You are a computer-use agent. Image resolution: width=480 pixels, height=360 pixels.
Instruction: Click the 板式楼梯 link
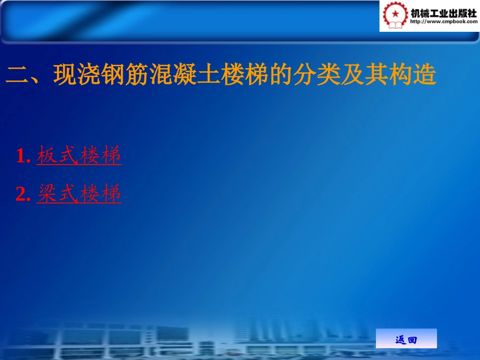point(79,156)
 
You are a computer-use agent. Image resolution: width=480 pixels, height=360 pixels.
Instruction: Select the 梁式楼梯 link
point(79,194)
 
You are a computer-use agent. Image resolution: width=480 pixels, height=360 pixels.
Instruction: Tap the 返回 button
point(406,339)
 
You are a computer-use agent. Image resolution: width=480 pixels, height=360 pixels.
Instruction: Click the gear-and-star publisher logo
point(395,16)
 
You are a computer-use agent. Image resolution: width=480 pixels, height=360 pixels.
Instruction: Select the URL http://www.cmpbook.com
point(443,22)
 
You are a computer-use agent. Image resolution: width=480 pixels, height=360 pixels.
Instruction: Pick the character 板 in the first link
point(46,156)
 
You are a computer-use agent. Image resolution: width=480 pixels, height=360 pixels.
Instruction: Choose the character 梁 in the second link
point(46,194)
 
